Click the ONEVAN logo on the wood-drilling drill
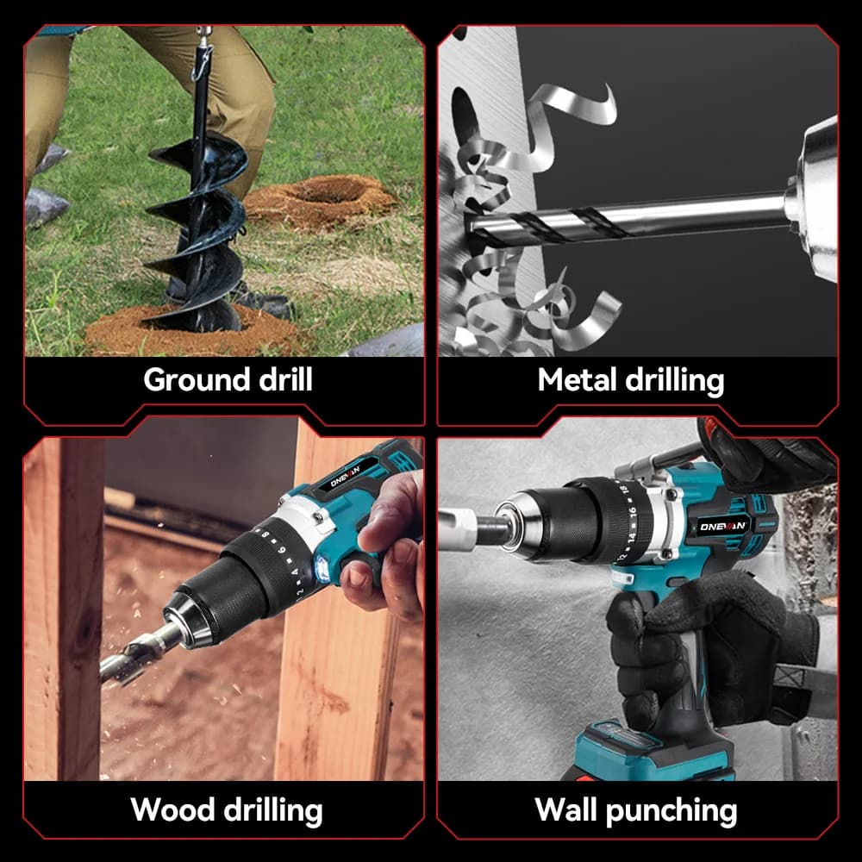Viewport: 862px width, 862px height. pyautogui.click(x=346, y=476)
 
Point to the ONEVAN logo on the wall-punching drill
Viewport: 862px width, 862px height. pyautogui.click(x=723, y=527)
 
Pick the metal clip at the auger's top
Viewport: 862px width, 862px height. pyautogui.click(x=203, y=55)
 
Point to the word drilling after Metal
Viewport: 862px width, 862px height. pyautogui.click(x=675, y=381)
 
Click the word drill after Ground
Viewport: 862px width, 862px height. pyautogui.click(x=285, y=379)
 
